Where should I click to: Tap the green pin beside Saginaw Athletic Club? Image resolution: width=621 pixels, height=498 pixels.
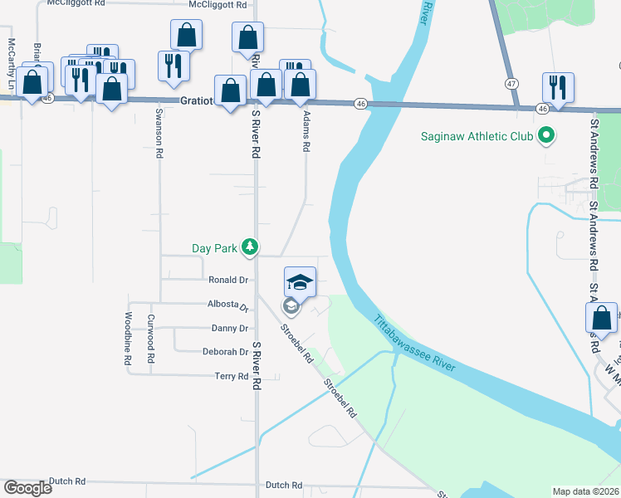point(545,134)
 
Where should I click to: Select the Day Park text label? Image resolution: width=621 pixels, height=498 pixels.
point(214,247)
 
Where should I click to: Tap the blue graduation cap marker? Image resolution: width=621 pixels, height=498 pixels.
point(301,282)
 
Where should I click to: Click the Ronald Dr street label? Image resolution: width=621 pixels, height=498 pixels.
point(228,281)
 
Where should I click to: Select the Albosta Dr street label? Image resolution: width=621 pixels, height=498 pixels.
point(228,305)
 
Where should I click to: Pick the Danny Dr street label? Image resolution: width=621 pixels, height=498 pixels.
point(230,329)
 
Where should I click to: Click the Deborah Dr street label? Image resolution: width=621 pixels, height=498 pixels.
point(226,352)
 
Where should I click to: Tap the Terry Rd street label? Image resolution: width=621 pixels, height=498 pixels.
point(232,377)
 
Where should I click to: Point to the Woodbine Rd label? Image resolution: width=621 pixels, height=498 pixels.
point(129,339)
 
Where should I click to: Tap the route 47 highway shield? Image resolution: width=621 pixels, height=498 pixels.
point(511,84)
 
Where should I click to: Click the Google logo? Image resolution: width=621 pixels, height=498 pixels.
point(28,487)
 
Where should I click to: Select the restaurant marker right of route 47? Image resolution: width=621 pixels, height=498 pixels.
point(555,88)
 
